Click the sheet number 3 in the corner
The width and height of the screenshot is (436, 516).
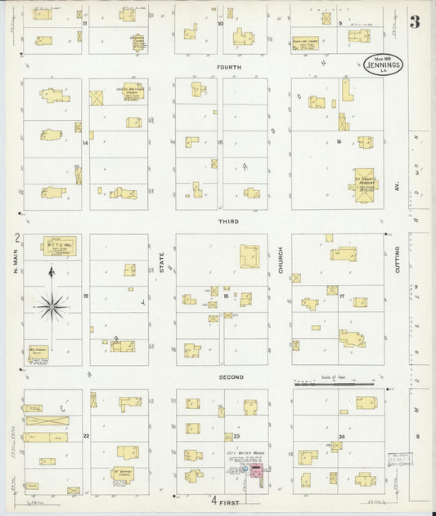[415, 21]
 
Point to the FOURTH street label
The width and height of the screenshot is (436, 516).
[228, 67]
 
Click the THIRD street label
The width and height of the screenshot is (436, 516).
[228, 221]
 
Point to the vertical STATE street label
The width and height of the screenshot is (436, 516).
[162, 261]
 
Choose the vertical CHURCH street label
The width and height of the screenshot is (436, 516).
[280, 259]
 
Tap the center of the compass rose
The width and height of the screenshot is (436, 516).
[53, 306]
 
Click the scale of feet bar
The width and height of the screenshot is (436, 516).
[330, 385]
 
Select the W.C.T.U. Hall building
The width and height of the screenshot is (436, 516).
[59, 245]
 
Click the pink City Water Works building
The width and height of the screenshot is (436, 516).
[256, 473]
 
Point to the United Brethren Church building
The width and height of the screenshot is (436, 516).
[132, 92]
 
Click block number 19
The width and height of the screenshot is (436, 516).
[85, 296]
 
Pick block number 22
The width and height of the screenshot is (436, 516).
[85, 437]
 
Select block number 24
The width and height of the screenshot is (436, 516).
[340, 437]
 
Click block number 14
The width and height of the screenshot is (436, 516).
[85, 143]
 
